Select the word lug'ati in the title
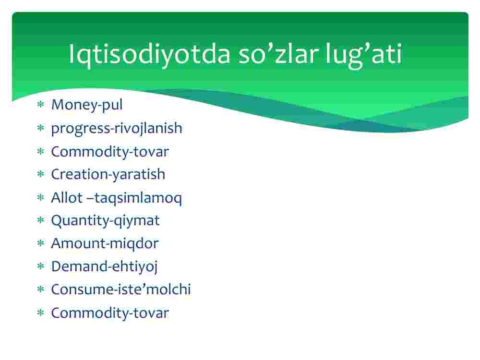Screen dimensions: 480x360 coord(364,55)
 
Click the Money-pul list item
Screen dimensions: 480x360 coord(86,105)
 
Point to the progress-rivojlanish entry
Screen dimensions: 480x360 coord(117,129)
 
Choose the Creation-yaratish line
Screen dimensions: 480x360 coord(108,175)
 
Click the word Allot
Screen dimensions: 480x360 coord(67,197)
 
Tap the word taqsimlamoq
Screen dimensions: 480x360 coord(138,198)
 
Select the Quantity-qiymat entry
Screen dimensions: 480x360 coord(105,221)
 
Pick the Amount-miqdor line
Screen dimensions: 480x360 coord(105,244)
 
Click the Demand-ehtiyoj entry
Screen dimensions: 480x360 coord(104,267)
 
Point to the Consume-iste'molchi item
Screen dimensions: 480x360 coord(121,289)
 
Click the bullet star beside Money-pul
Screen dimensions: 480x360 coord(41,105)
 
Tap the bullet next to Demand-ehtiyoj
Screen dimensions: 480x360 coord(41,266)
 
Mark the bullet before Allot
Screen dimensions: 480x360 coord(41,197)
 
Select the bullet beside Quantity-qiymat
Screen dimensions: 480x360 coord(41,220)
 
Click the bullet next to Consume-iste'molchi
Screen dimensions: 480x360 coord(41,289)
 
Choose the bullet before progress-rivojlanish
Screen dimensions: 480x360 coord(41,128)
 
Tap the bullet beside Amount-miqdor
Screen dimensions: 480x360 coord(41,243)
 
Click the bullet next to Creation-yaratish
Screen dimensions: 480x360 coord(41,174)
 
